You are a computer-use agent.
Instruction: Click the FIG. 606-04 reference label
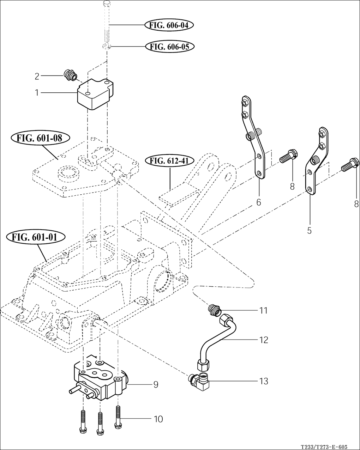(x=169, y=25)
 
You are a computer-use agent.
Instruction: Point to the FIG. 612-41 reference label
(x=169, y=161)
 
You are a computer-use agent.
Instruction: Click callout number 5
(x=309, y=231)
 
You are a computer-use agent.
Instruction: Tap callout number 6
(x=258, y=202)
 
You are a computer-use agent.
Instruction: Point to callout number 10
(x=158, y=419)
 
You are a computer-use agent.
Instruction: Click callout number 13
(x=263, y=381)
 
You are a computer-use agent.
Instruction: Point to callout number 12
(x=263, y=340)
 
